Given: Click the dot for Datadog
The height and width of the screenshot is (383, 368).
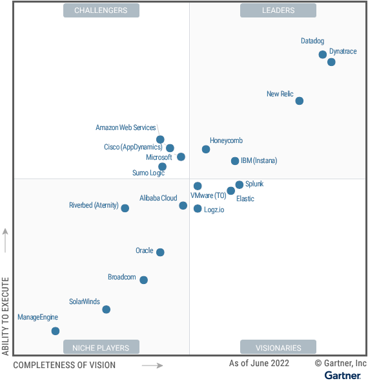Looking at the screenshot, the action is pyautogui.click(x=322, y=54).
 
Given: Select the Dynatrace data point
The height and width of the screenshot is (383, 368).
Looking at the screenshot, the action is pyautogui.click(x=331, y=62).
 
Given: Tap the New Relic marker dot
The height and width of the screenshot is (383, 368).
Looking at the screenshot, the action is pyautogui.click(x=300, y=101).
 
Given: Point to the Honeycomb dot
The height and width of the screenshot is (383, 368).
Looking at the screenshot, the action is pyautogui.click(x=206, y=149).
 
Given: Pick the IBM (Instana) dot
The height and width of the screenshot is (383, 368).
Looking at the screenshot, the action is pyautogui.click(x=235, y=161).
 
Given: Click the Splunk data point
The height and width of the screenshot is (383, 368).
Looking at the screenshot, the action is pyautogui.click(x=240, y=184).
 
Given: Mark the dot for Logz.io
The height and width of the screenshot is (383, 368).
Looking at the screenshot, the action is pyautogui.click(x=198, y=208).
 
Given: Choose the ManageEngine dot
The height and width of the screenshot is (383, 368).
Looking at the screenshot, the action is pyautogui.click(x=56, y=331).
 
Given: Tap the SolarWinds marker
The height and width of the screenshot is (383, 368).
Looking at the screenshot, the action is pyautogui.click(x=106, y=309).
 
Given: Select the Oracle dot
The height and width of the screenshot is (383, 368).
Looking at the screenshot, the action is pyautogui.click(x=160, y=252).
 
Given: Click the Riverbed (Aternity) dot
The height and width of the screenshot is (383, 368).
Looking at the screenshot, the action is pyautogui.click(x=125, y=208).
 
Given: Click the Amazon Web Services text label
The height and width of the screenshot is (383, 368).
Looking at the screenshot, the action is pyautogui.click(x=125, y=127).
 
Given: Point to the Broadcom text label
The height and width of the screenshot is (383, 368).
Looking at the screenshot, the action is pyautogui.click(x=122, y=277).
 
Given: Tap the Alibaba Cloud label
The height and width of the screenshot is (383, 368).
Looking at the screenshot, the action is pyautogui.click(x=158, y=198).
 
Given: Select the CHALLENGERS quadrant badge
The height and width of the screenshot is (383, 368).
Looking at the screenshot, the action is pyautogui.click(x=101, y=10).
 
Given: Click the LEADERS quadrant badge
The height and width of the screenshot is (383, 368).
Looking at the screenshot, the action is pyautogui.click(x=278, y=10).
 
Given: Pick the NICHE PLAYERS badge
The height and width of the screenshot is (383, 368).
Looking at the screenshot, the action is pyautogui.click(x=101, y=347).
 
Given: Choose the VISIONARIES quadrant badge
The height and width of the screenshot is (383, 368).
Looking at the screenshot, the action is pyautogui.click(x=278, y=347).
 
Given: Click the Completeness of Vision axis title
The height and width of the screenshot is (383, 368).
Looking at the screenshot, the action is pyautogui.click(x=65, y=365).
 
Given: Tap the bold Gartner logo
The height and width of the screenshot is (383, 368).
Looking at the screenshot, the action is pyautogui.click(x=342, y=375).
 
